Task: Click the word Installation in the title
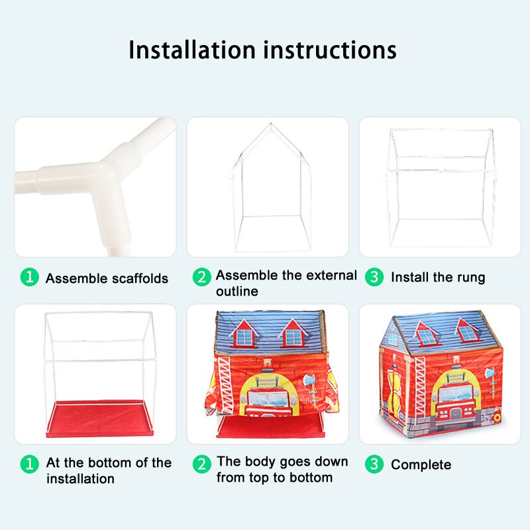tap(191, 50)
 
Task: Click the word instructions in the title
tap(330, 50)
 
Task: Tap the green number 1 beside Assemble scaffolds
tap(30, 277)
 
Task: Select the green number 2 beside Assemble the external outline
tap(202, 277)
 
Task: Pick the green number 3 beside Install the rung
tap(374, 277)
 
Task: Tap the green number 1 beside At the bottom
tap(30, 464)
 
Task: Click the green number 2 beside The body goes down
tap(202, 464)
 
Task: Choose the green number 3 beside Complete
tap(374, 464)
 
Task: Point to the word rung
tap(471, 278)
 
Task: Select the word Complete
tap(421, 465)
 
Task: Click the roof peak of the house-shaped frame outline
tap(271, 124)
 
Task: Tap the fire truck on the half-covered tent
tap(268, 398)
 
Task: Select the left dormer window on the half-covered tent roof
tap(244, 334)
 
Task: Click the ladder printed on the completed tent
tap(421, 385)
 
